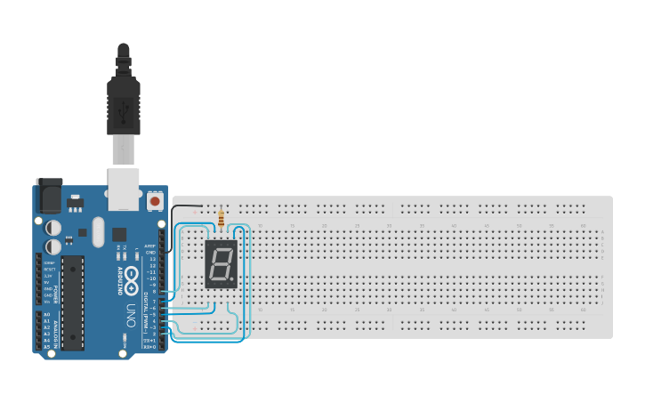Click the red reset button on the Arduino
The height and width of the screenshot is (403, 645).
(155, 202)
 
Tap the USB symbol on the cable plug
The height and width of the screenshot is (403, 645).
(123, 112)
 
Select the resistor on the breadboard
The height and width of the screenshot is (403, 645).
(221, 216)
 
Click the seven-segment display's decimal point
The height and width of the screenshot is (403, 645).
(232, 279)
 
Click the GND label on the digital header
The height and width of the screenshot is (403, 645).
(151, 253)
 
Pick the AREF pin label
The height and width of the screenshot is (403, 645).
(150, 246)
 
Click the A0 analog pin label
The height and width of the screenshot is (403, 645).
(46, 315)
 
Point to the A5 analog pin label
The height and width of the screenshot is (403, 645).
(46, 346)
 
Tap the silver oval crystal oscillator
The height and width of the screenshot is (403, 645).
(97, 233)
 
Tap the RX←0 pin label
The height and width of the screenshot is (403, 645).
(150, 347)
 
